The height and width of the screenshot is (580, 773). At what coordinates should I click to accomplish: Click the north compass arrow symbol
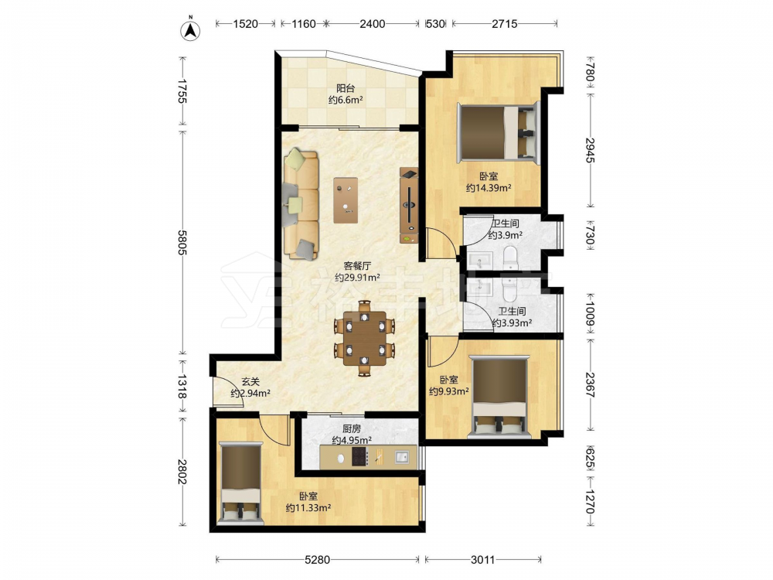pyautogui.click(x=190, y=30)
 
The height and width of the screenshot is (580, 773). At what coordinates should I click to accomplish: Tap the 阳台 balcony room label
pyautogui.click(x=346, y=89)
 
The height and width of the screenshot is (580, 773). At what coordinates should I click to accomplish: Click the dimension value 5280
pyautogui.click(x=318, y=560)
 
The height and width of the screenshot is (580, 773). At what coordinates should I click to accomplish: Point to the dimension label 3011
pyautogui.click(x=482, y=560)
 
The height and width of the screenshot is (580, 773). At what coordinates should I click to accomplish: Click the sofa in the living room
pyautogui.click(x=301, y=204)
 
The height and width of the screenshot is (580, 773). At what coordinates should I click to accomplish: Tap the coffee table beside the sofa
pyautogui.click(x=346, y=200)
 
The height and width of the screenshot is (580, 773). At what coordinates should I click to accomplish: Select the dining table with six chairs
pyautogui.click(x=365, y=339)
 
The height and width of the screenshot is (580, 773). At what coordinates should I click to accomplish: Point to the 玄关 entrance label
pyautogui.click(x=250, y=382)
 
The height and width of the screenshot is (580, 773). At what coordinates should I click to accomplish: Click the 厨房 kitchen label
pyautogui.click(x=352, y=428)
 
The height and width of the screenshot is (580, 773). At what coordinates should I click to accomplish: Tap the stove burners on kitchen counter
pyautogui.click(x=360, y=457)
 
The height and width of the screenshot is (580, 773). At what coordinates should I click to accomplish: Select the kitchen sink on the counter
pyautogui.click(x=402, y=457)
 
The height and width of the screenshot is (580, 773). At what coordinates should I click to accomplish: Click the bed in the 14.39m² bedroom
pyautogui.click(x=498, y=131)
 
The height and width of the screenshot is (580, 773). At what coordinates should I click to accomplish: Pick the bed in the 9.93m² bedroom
pyautogui.click(x=499, y=397)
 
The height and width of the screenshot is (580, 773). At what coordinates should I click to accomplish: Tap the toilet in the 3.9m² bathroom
pyautogui.click(x=509, y=257)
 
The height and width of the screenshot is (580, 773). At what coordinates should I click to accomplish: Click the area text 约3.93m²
pyautogui.click(x=512, y=323)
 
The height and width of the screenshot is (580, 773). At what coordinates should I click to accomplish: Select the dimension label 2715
pyautogui.click(x=504, y=23)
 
